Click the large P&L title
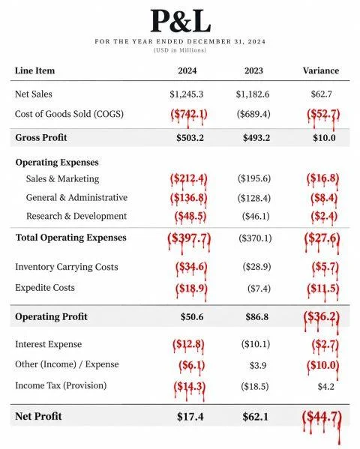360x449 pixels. click(181, 21)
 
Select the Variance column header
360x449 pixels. click(321, 70)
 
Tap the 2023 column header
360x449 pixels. click(253, 70)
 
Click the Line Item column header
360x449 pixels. click(34, 70)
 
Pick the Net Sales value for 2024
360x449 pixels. click(186, 94)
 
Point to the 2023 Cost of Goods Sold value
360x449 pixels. click(253, 114)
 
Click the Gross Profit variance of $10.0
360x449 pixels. click(324, 138)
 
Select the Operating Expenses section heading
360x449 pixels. click(57, 163)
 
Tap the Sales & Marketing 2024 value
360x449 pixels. click(188, 179)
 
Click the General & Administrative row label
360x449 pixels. click(76, 198)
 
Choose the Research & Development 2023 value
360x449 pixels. click(256, 216)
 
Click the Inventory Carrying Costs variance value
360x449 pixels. click(325, 268)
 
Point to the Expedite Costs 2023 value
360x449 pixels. click(259, 289)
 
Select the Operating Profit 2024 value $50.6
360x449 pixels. click(192, 317)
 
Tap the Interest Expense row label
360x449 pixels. click(49, 344)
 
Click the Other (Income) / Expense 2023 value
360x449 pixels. click(258, 365)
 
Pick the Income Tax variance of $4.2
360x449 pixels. click(326, 387)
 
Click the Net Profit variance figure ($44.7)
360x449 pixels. click(322, 418)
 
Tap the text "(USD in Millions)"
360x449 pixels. click(180, 50)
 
